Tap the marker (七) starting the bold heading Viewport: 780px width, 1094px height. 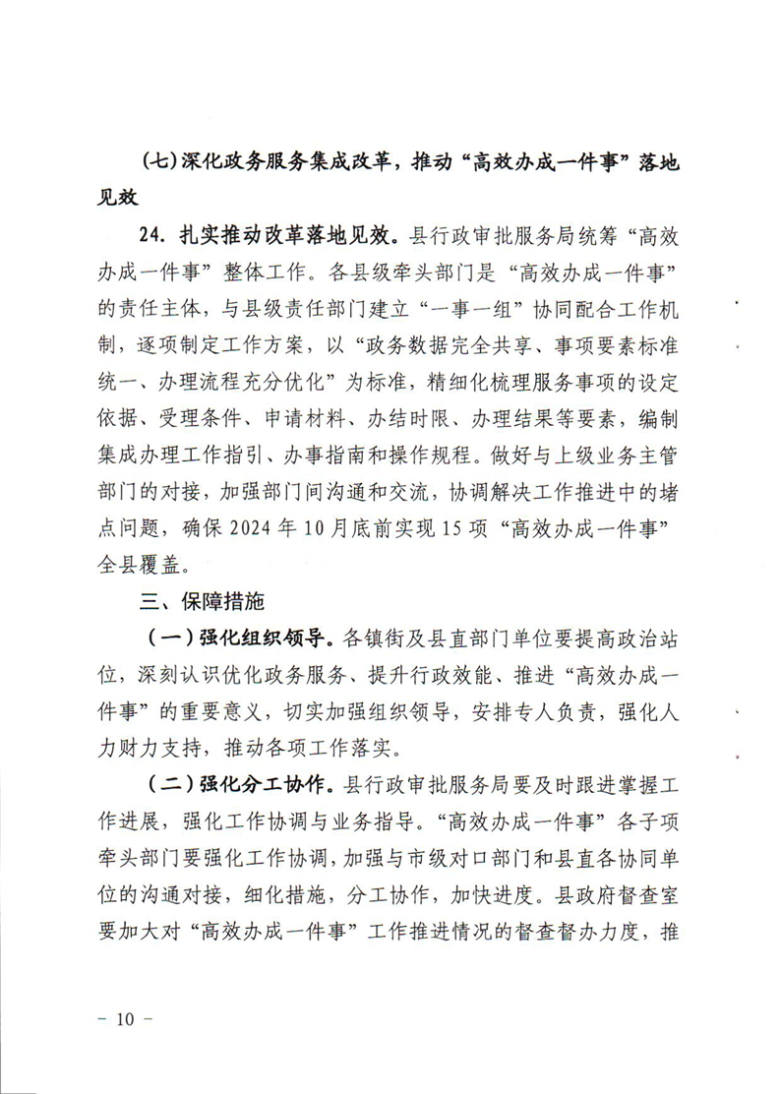pos(159,163)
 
